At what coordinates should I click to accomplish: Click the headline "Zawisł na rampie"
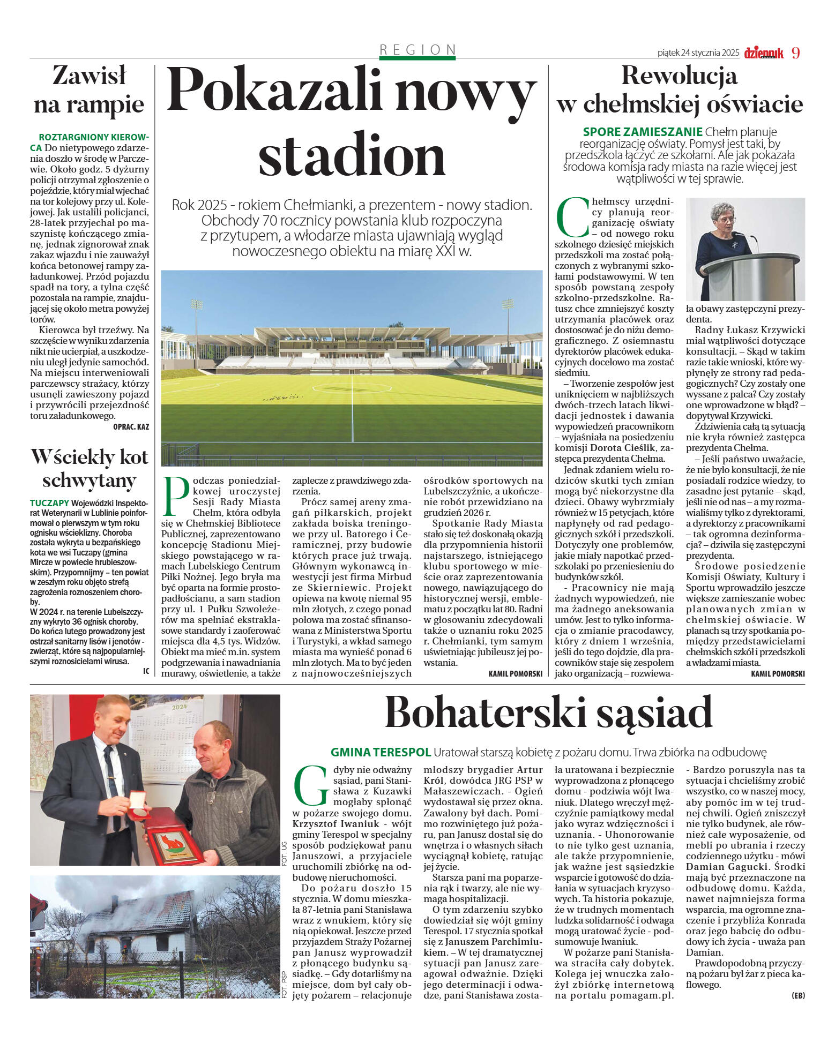pos(89,90)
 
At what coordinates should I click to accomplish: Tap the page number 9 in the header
pos(795,53)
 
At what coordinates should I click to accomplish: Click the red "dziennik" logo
pos(763,52)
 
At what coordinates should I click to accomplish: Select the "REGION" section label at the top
pos(418,50)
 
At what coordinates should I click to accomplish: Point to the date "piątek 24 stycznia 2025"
pos(698,53)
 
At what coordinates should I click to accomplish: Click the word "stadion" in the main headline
pos(352,155)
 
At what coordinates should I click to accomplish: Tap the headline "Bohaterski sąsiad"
pos(548,713)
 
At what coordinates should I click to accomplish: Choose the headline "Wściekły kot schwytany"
pos(89,468)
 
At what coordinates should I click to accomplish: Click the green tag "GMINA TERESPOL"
pos(381,752)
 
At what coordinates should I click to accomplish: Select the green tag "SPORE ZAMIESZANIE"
pos(642,132)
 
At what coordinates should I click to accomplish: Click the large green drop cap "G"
pos(311,786)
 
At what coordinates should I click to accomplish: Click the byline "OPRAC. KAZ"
pos(131,427)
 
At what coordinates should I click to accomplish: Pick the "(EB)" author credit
pos(797,995)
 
